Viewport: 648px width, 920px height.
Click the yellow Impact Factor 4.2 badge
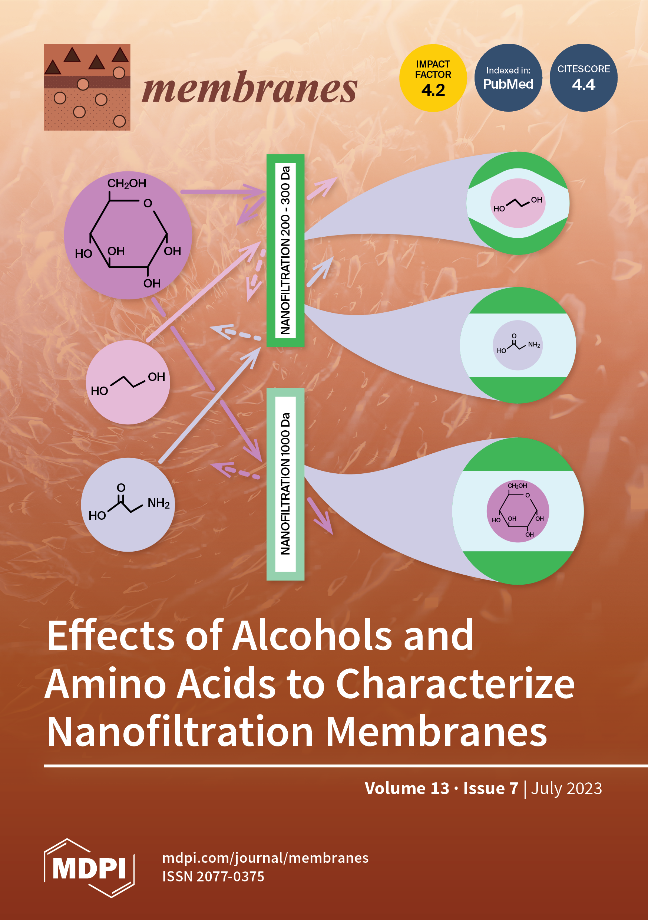click(433, 78)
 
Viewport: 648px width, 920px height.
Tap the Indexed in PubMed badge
click(508, 78)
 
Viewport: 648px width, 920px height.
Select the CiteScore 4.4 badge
click(583, 78)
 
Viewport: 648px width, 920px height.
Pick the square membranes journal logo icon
click(87, 87)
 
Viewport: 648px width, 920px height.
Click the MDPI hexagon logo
click(89, 868)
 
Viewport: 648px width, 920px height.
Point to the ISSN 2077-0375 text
click(213, 876)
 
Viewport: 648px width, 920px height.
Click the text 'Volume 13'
click(407, 788)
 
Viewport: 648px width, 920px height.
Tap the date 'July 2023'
click(566, 788)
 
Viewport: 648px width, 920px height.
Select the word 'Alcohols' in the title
click(313, 636)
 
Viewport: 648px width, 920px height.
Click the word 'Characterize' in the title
click(455, 684)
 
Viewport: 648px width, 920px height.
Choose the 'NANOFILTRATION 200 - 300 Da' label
click(285, 250)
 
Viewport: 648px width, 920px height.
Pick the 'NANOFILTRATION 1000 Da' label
click(285, 484)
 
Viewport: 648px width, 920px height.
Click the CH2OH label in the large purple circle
click(126, 184)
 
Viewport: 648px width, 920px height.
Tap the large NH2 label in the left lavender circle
click(159, 503)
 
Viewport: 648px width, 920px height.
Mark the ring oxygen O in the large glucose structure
click(148, 204)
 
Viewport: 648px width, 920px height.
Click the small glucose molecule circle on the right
click(518, 511)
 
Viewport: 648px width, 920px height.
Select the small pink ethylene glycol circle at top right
click(518, 203)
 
